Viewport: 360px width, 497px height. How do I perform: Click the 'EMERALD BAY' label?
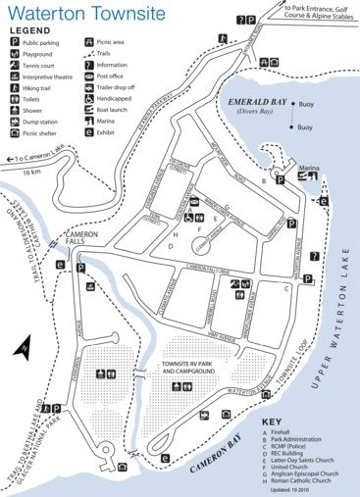coord(254,102)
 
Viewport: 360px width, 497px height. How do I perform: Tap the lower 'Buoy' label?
coord(306,127)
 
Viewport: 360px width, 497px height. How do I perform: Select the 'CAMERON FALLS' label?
coord(82,237)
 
